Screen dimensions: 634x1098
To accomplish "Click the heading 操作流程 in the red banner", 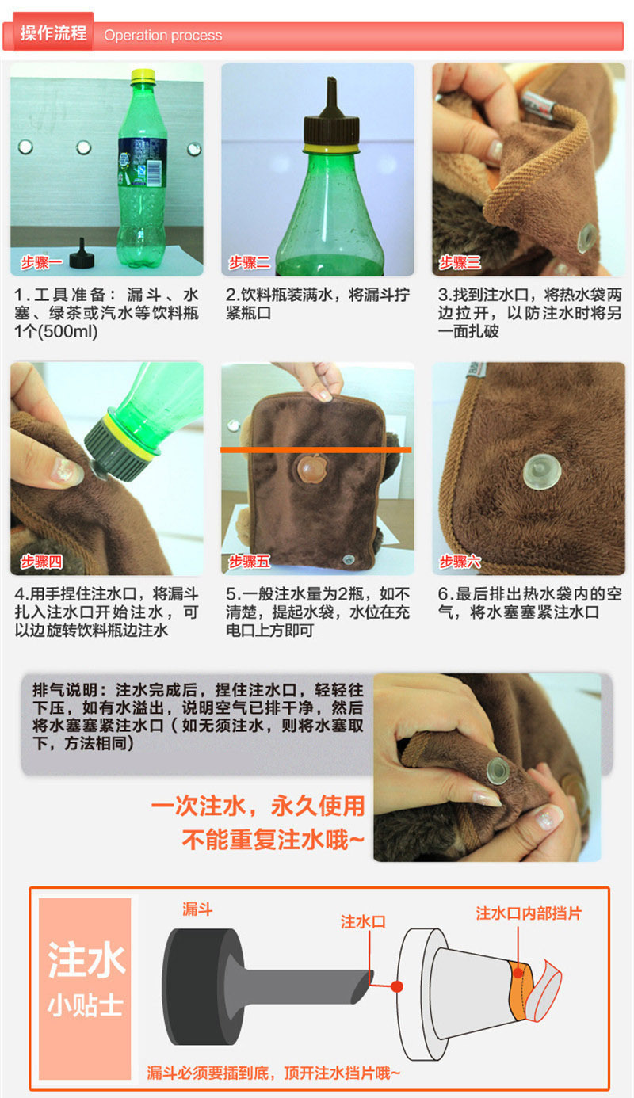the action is [x=53, y=32].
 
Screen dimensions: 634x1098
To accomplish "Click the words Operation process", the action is [x=162, y=36].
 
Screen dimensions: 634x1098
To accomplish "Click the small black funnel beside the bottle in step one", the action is [x=82, y=254].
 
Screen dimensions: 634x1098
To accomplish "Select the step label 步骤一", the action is [x=41, y=263].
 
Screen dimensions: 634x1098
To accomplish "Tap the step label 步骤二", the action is [x=250, y=263].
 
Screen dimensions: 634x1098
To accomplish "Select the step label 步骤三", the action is [x=460, y=263].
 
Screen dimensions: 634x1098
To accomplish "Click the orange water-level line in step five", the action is [x=315, y=449].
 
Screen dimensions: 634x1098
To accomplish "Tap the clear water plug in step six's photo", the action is [x=542, y=471].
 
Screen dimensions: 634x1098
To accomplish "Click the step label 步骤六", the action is [x=460, y=561].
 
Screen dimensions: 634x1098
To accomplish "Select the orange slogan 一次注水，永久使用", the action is [x=258, y=806].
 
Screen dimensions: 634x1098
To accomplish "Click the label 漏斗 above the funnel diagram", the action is [x=197, y=909].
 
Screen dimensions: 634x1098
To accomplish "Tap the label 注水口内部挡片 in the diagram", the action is [x=529, y=913].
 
